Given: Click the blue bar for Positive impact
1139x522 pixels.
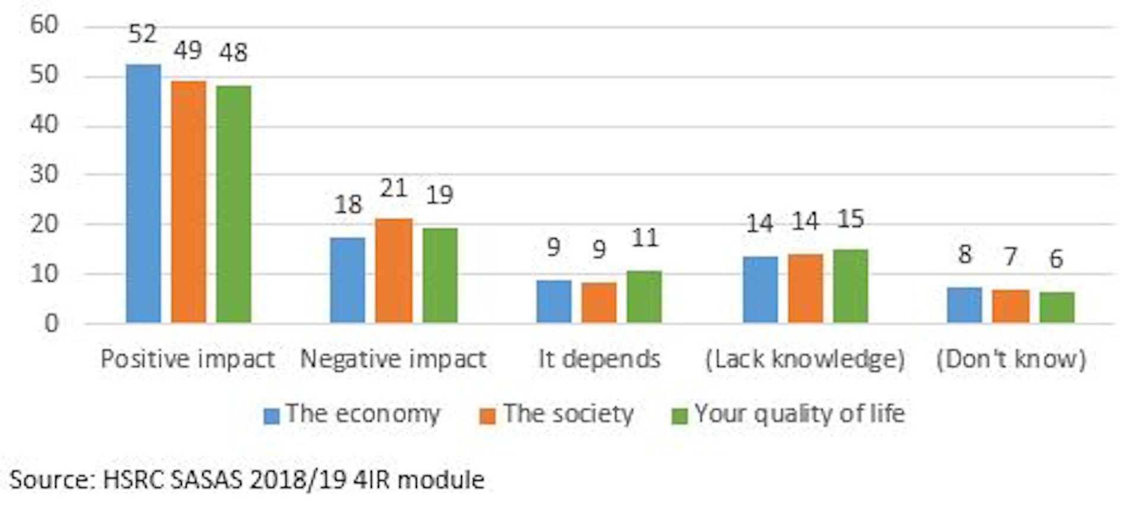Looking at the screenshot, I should coord(143,193).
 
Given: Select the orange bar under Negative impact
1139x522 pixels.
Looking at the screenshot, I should coord(393,270).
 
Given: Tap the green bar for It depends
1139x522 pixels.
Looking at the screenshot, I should coord(644,297).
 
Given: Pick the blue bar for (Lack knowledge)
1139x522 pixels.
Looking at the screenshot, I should coord(760,289).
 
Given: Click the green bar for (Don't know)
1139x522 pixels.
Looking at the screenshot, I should coord(1057,307).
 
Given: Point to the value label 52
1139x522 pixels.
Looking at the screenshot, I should coord(142,34).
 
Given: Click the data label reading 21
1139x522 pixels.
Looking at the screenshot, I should coord(393,189).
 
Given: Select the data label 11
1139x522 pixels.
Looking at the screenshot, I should coord(644,238).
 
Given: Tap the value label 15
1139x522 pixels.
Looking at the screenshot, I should coord(850,219).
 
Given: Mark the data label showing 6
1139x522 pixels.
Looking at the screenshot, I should coord(1056,259).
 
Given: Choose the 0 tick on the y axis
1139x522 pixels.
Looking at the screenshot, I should coord(51,324).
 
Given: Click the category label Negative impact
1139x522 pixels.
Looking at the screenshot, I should coord(393,359).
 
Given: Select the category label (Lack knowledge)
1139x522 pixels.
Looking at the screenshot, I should coord(804,359).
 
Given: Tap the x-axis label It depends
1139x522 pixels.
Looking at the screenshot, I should coord(599,359).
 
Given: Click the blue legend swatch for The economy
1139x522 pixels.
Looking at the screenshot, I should coord(271,416).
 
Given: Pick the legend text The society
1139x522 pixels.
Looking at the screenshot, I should coord(568,413).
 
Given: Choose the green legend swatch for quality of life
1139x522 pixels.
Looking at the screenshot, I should coord(679,416).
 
